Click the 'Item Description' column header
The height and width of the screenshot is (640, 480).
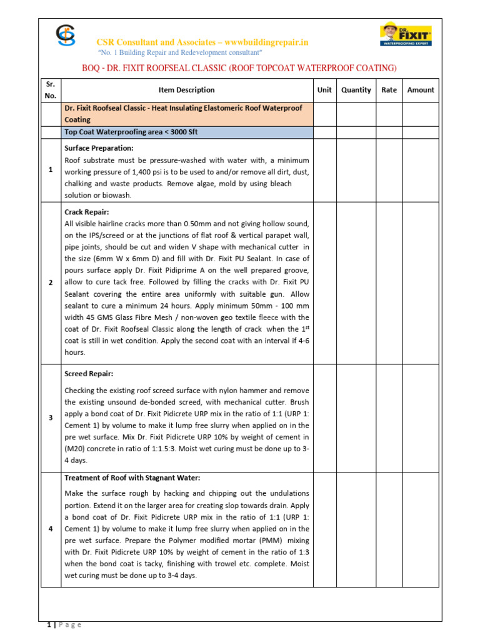186,90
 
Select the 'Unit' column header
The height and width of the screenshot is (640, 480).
324,90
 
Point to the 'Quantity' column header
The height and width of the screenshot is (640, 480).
356,90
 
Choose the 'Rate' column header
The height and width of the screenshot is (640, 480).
389,90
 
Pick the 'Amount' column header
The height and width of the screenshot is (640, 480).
421,90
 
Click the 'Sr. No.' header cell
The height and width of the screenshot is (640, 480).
51,90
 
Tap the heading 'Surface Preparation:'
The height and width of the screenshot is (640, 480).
99,148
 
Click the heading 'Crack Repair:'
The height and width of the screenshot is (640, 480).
87,212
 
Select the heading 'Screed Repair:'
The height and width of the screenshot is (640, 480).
89,374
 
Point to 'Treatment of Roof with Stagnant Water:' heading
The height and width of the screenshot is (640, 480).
132,477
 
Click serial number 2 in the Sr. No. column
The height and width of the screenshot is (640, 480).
51,282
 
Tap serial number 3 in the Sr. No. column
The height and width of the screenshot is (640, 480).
51,417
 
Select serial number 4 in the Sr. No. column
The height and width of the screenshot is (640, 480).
51,529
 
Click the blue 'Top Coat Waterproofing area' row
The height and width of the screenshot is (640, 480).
187,132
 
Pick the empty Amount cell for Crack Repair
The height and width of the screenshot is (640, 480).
421,282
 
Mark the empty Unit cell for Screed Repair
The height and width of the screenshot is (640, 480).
324,417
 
